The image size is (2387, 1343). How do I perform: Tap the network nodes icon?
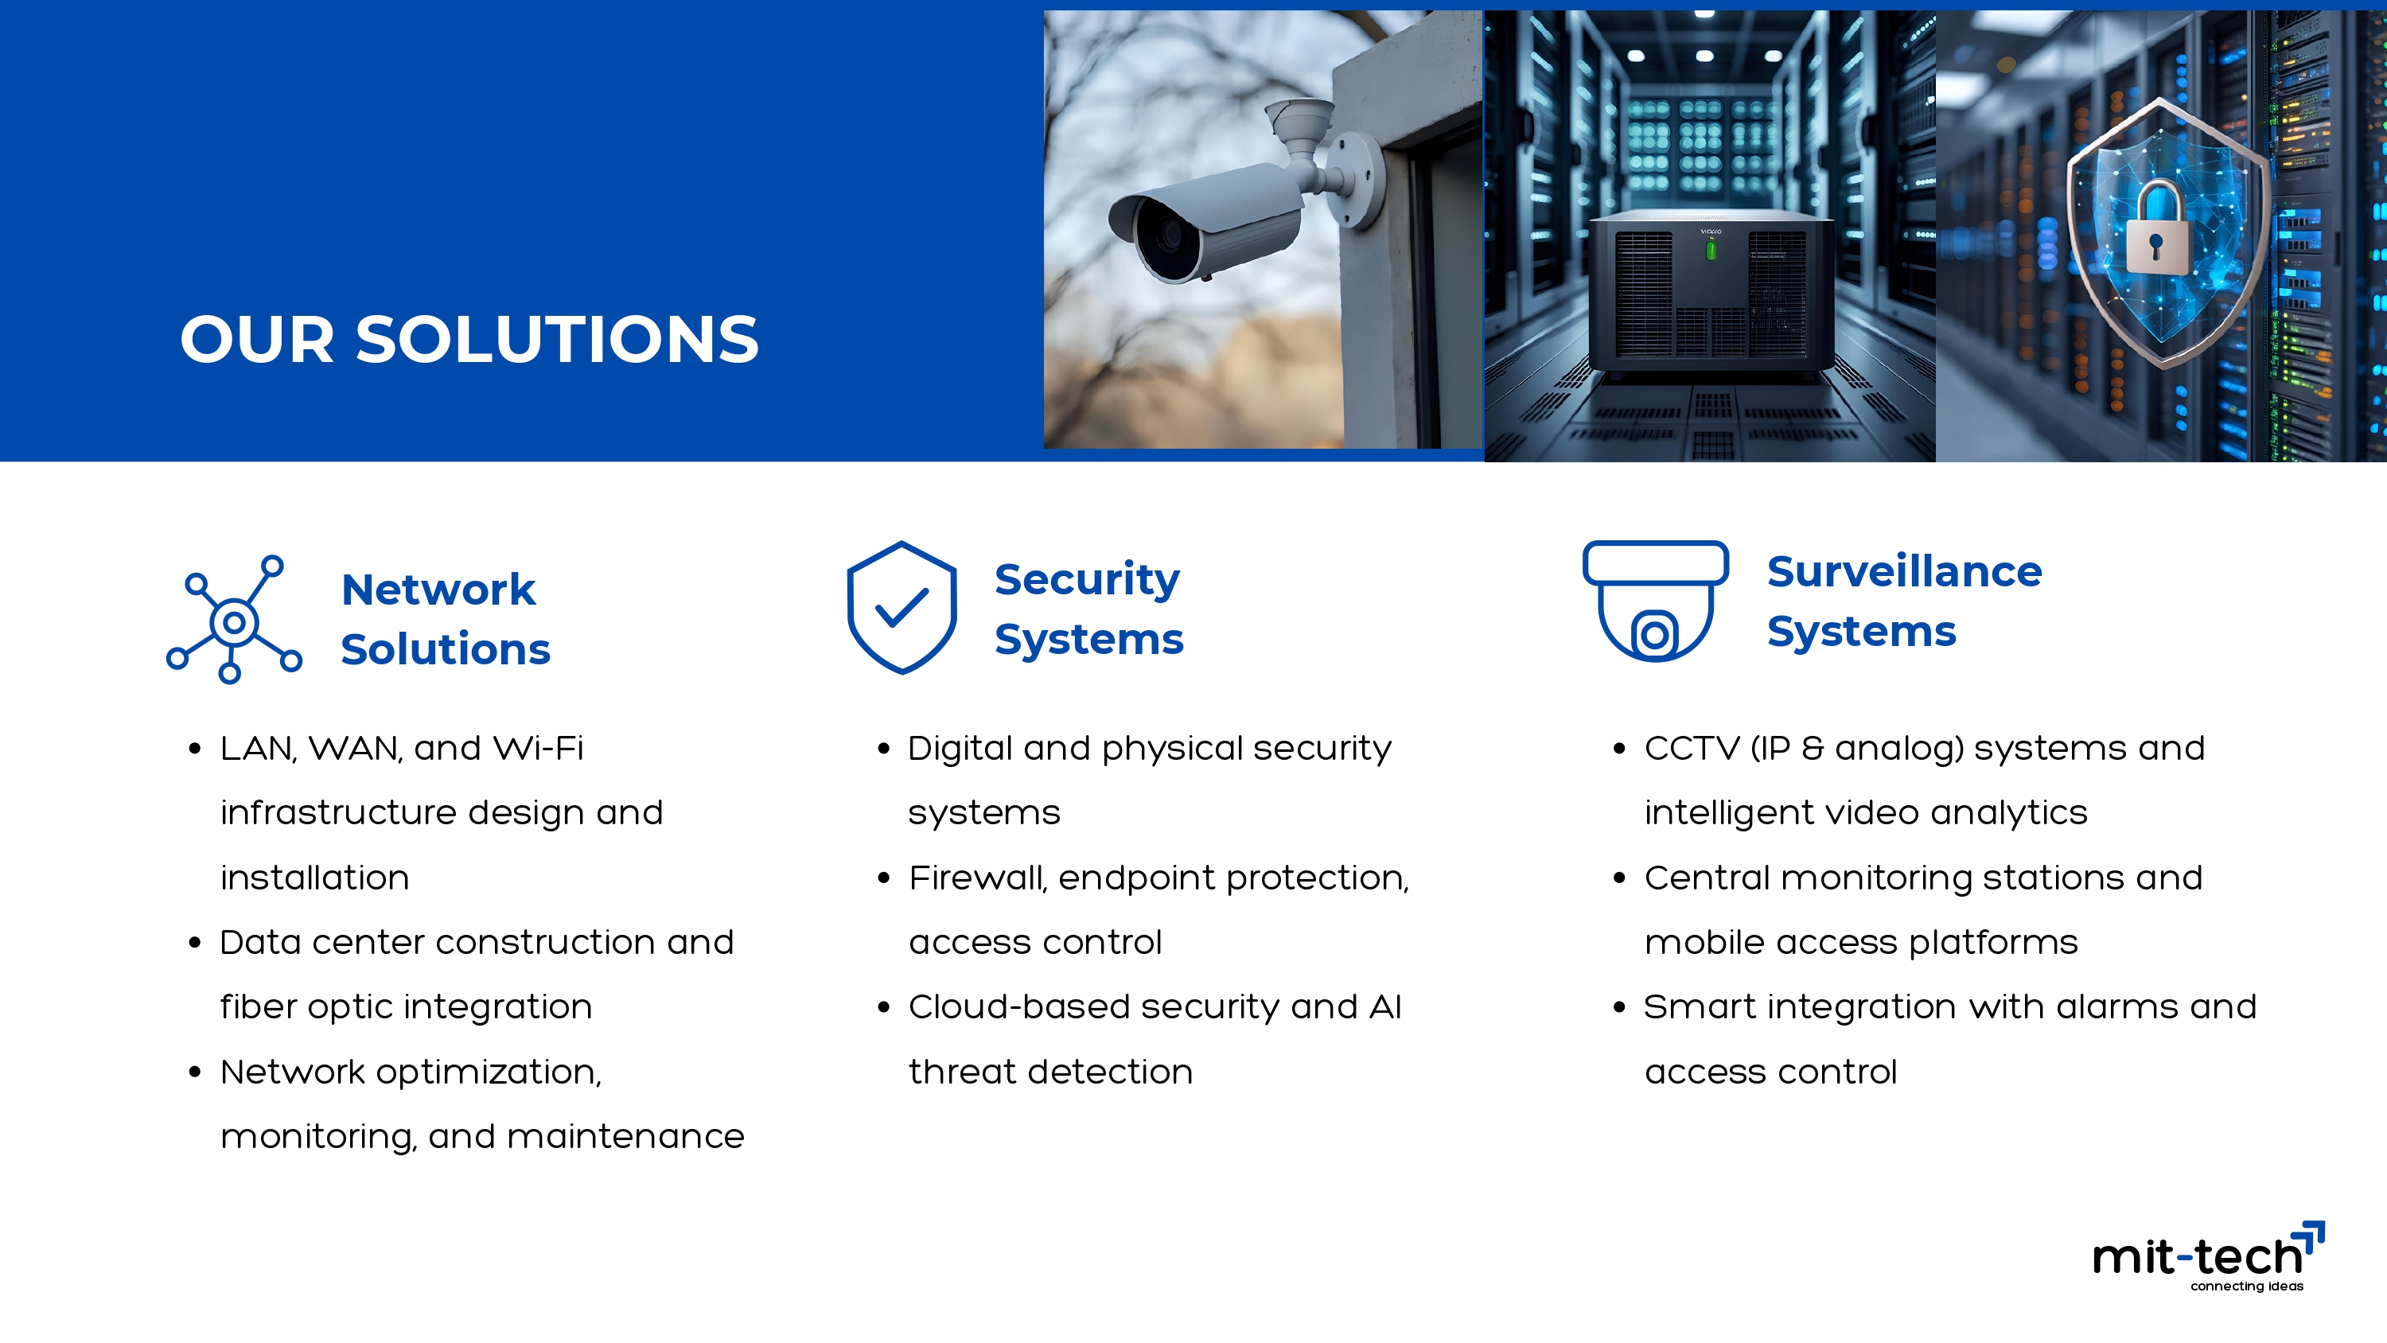(x=235, y=620)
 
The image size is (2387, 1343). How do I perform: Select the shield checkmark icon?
(x=901, y=608)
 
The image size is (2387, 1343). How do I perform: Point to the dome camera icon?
(x=1655, y=601)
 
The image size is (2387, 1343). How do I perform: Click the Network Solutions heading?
(x=446, y=619)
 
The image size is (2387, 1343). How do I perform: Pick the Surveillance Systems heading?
(x=1904, y=601)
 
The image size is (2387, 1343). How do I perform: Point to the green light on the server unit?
(x=1711, y=248)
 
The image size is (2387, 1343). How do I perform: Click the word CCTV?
(x=1692, y=748)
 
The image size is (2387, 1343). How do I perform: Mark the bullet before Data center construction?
(x=195, y=944)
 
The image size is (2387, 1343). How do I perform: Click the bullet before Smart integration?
(x=1619, y=1007)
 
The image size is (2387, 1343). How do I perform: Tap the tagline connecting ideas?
(x=2246, y=1286)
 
